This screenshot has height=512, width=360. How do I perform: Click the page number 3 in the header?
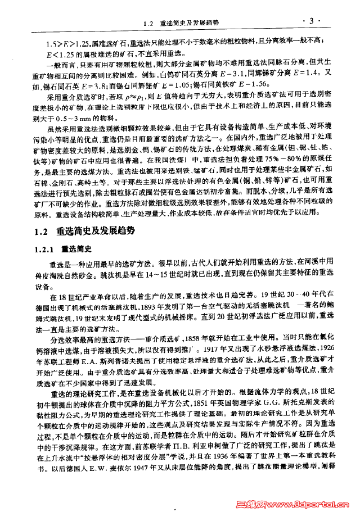tap(310, 21)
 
